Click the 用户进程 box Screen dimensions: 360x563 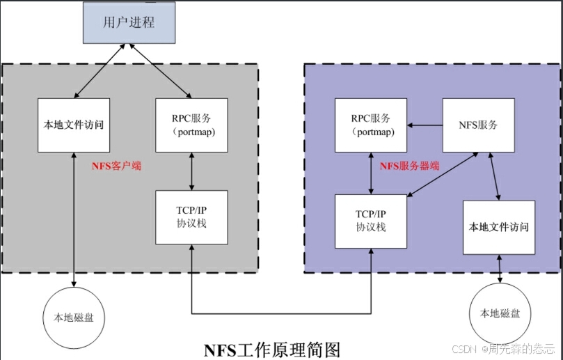click(129, 22)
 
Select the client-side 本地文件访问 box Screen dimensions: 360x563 click(74, 125)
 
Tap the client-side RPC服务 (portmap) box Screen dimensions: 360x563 click(191, 125)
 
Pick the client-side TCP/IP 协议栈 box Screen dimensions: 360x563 click(191, 217)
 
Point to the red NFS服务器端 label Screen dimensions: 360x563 click(409, 166)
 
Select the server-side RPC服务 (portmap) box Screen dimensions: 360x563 click(371, 125)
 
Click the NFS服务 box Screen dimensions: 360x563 click(479, 125)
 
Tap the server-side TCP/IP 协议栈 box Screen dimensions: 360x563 click(371, 221)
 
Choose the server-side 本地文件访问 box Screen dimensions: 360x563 click(499, 227)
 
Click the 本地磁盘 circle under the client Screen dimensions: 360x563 click(74, 317)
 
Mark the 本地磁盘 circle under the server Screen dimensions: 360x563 click(500, 314)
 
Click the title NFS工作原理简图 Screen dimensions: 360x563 click(272, 348)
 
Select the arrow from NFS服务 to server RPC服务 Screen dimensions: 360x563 click(425, 125)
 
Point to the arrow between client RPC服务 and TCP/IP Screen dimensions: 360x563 click(191, 171)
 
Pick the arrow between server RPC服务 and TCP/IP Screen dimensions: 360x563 click(371, 173)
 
